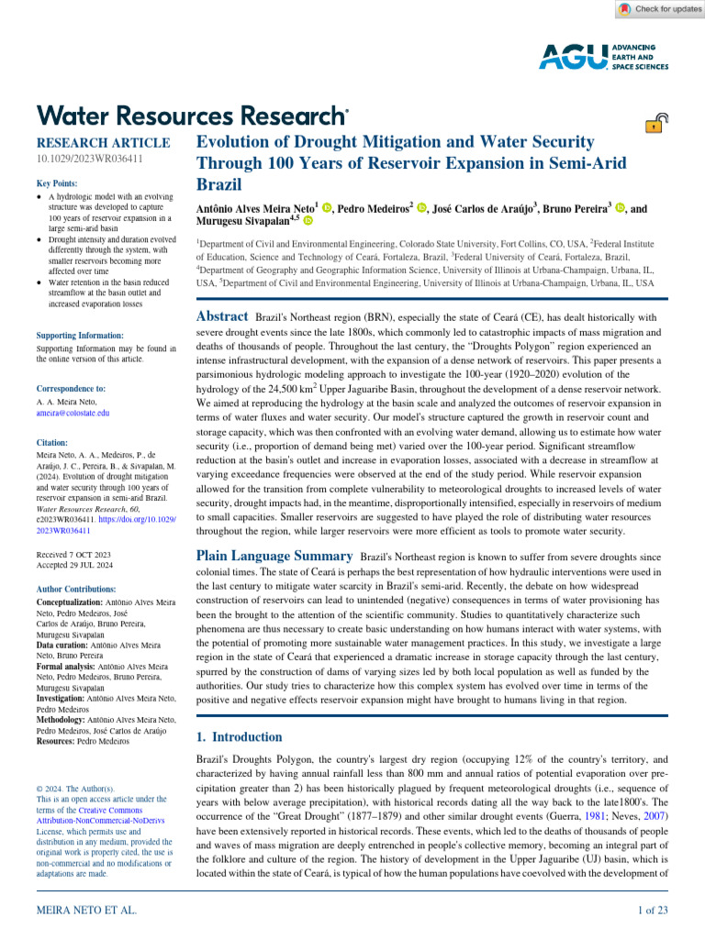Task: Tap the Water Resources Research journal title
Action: pos(192,116)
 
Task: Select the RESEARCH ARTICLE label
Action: pos(103,143)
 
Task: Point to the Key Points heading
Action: pos(57,183)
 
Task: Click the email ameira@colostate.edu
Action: pos(73,414)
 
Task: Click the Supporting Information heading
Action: pos(79,337)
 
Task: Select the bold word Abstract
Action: pos(223,316)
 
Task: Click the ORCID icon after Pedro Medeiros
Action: pos(421,209)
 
